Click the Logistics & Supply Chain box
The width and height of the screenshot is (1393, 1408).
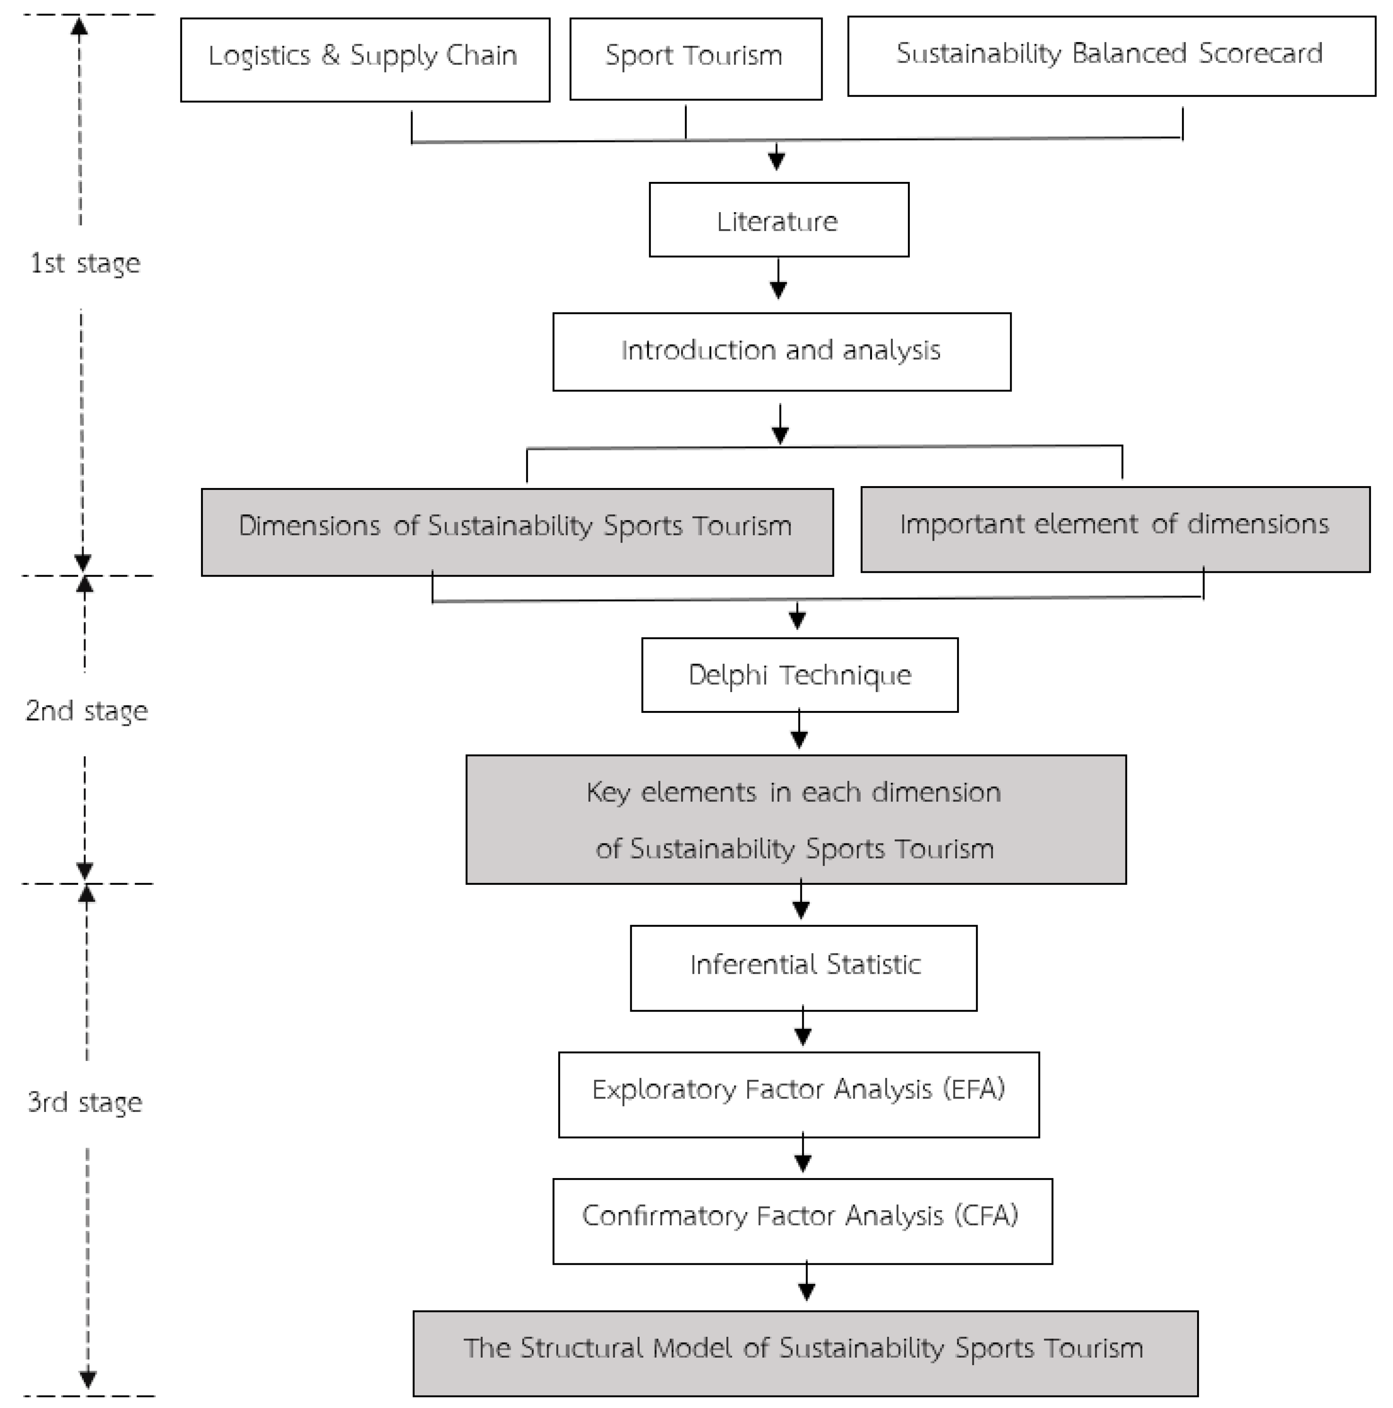pyautogui.click(x=364, y=59)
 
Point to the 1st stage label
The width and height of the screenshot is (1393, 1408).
pyautogui.click(x=84, y=263)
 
